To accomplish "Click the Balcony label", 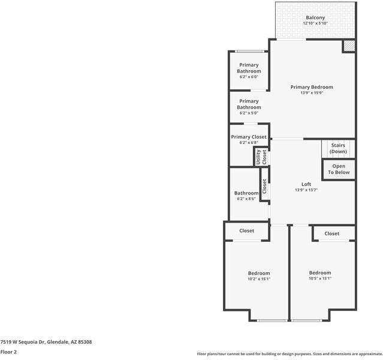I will coord(315,17).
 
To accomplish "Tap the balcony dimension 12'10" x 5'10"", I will coord(315,23).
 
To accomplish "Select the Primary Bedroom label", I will coord(312,87).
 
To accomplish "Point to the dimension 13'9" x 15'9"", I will coord(312,93).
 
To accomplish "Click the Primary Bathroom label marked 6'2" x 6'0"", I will coord(249,68).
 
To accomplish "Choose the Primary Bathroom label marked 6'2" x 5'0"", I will coord(249,104).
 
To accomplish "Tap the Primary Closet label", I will coord(249,137).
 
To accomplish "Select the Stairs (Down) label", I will coord(338,148).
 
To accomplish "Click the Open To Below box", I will coord(339,169).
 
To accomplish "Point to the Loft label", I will coord(306,184).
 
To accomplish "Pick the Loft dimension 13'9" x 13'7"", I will coord(306,190).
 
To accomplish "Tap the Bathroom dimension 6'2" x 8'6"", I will coord(246,199).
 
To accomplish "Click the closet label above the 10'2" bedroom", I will coord(246,230).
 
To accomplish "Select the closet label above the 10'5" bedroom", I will coord(331,233).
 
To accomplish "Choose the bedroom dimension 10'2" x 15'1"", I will coord(259,278).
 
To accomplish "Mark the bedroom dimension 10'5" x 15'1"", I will coord(320,278).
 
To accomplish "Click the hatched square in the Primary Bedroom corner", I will coord(349,46).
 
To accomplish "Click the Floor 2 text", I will coord(8,352).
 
